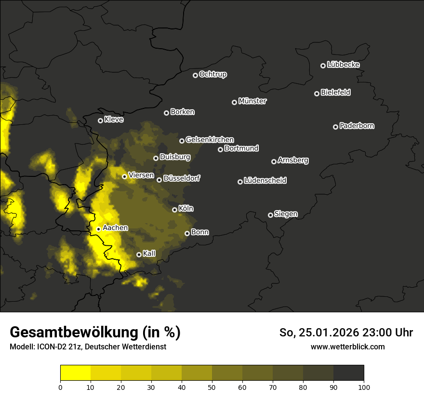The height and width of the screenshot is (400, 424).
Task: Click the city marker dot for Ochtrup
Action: [x=195, y=75]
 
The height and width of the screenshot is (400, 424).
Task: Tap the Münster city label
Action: [x=252, y=101]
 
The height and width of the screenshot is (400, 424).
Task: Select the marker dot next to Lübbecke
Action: [x=323, y=66]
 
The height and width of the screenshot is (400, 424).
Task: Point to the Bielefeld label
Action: [x=335, y=93]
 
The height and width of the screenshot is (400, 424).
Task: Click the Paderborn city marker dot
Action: [x=335, y=127]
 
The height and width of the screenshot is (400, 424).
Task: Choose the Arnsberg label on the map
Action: [x=293, y=160]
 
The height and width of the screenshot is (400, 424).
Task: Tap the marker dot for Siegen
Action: [x=270, y=215]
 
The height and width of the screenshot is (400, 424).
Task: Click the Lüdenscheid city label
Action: [x=265, y=181]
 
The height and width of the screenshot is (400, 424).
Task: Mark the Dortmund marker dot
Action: [x=220, y=149]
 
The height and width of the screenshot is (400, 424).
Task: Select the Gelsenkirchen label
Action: [x=210, y=140]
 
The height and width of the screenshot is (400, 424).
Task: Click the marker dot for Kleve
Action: [x=100, y=120]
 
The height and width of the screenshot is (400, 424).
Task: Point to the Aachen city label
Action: [x=115, y=228]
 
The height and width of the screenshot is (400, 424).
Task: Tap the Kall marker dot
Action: [x=139, y=254]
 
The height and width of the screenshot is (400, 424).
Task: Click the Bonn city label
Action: [x=200, y=232]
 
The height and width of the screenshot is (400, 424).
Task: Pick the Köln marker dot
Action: [x=174, y=210]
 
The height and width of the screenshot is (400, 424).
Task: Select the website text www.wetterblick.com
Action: [x=348, y=347]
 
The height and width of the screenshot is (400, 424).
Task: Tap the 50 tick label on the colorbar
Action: [x=212, y=387]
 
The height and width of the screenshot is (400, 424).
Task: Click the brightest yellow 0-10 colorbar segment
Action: [x=75, y=373]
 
